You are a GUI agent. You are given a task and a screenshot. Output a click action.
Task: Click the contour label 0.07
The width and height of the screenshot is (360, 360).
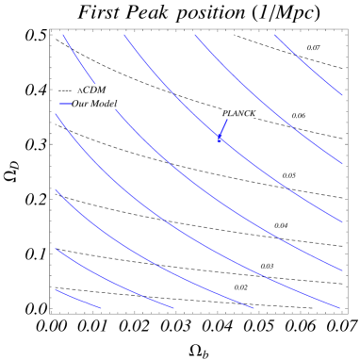(314, 48)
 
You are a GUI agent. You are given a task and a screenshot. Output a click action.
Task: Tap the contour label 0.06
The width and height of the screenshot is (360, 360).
(299, 116)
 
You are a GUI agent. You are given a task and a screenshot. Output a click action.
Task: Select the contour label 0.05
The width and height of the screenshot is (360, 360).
(289, 175)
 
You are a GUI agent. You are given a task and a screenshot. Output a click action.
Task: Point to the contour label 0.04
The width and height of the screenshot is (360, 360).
(282, 225)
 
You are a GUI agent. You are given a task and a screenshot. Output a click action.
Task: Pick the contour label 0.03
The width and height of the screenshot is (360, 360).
(268, 266)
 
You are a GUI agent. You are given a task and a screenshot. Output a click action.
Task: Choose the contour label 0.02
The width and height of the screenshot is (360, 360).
(241, 287)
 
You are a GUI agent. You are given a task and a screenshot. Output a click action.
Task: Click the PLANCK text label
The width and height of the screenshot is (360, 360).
(238, 113)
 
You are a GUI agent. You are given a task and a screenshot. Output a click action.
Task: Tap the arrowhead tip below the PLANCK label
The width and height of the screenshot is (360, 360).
(220, 140)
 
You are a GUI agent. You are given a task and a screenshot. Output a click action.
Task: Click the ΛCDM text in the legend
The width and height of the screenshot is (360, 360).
(91, 90)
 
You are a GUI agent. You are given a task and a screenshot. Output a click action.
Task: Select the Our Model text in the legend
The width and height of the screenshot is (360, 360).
(94, 103)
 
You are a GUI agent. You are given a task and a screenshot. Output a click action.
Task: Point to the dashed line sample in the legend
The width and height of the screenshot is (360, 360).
(65, 90)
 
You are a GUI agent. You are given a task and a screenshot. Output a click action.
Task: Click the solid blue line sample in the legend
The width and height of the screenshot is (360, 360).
(65, 103)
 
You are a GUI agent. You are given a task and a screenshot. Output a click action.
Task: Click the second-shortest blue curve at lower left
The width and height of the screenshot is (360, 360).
(113, 281)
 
